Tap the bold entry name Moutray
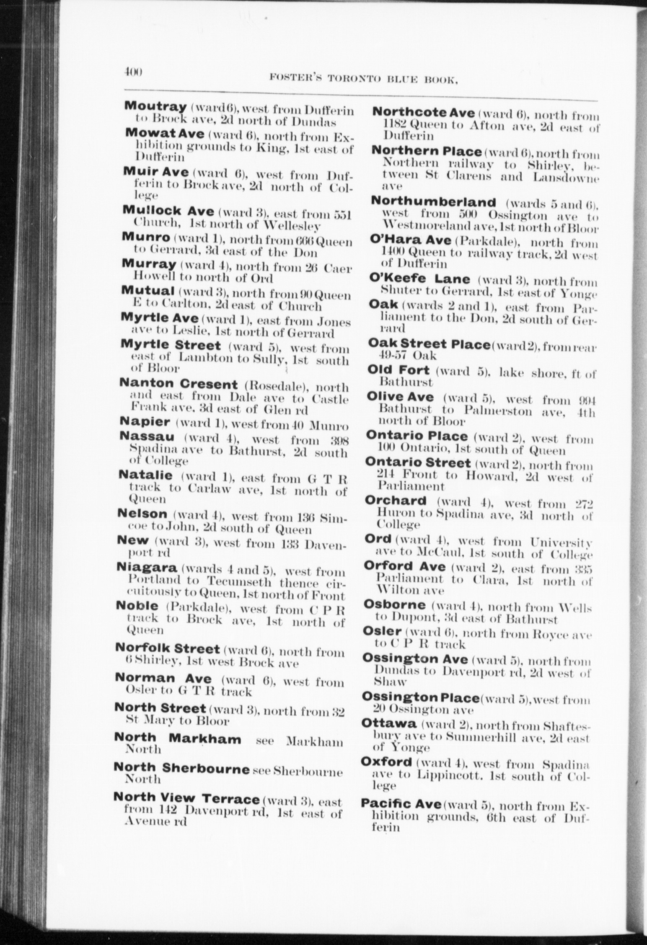[155, 106]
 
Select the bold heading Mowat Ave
[165, 134]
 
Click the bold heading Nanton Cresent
[179, 384]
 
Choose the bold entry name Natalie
[146, 476]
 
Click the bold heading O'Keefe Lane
[420, 278]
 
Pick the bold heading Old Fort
[398, 370]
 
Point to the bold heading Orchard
[396, 500]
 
